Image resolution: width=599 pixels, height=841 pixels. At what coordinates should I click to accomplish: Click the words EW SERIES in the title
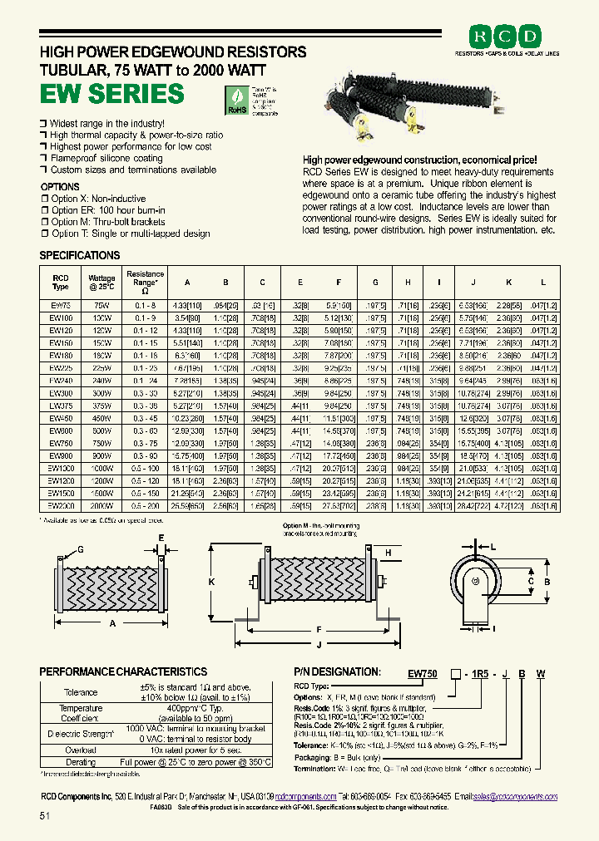pyautogui.click(x=112, y=93)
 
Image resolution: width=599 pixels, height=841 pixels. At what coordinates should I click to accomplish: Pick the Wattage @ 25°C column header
pyautogui.click(x=101, y=282)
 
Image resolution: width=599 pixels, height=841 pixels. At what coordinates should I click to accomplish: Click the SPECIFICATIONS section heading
pyautogui.click(x=80, y=255)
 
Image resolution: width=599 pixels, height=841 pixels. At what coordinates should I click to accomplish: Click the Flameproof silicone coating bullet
pyautogui.click(x=106, y=158)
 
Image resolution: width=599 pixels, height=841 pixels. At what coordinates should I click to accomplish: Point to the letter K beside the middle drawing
pyautogui.click(x=212, y=582)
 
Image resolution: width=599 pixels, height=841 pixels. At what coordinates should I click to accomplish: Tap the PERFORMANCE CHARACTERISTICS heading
pyautogui.click(x=123, y=671)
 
